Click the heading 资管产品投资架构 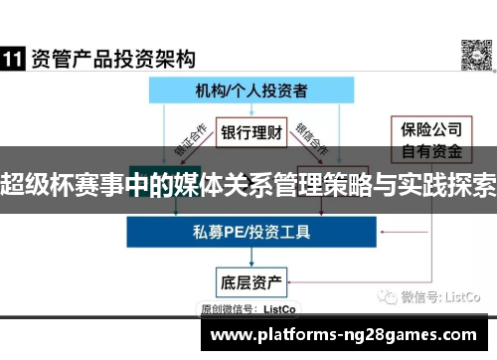coord(112,60)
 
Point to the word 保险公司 coord(428,129)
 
